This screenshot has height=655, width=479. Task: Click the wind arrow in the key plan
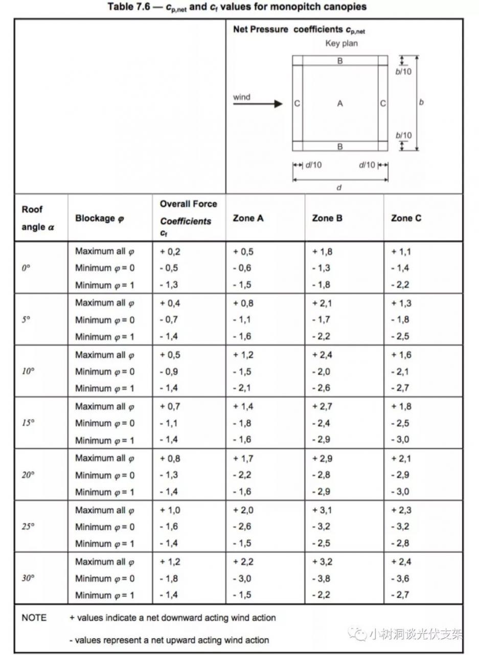click(x=258, y=104)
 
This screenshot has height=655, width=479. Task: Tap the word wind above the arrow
click(x=241, y=97)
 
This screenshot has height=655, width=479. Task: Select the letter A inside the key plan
click(x=340, y=104)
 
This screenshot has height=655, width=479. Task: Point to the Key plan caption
click(x=341, y=43)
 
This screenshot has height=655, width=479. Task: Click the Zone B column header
click(x=328, y=218)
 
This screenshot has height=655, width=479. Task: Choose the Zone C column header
click(x=406, y=218)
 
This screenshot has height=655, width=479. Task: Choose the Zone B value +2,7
click(x=322, y=406)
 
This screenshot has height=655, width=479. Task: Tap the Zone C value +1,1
click(x=401, y=251)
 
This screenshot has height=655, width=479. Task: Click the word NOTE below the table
click(x=34, y=618)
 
